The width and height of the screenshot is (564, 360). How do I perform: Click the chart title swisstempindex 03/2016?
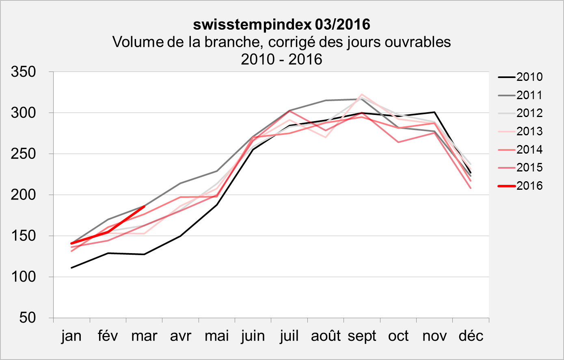coord(281,24)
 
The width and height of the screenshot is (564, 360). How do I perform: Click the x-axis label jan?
coord(71,336)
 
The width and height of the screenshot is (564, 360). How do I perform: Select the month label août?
coord(326,336)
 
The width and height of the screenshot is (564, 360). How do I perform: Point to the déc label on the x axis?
coord(471,336)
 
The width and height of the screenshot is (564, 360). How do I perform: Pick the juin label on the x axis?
coord(253,336)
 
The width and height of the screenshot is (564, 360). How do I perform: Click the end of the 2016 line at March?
coord(144,206)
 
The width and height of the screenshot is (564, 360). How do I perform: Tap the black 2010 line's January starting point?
coord(71,268)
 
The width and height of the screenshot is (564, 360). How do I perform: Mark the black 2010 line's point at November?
coord(434,112)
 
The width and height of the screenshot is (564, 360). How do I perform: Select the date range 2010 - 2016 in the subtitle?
coord(281,59)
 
